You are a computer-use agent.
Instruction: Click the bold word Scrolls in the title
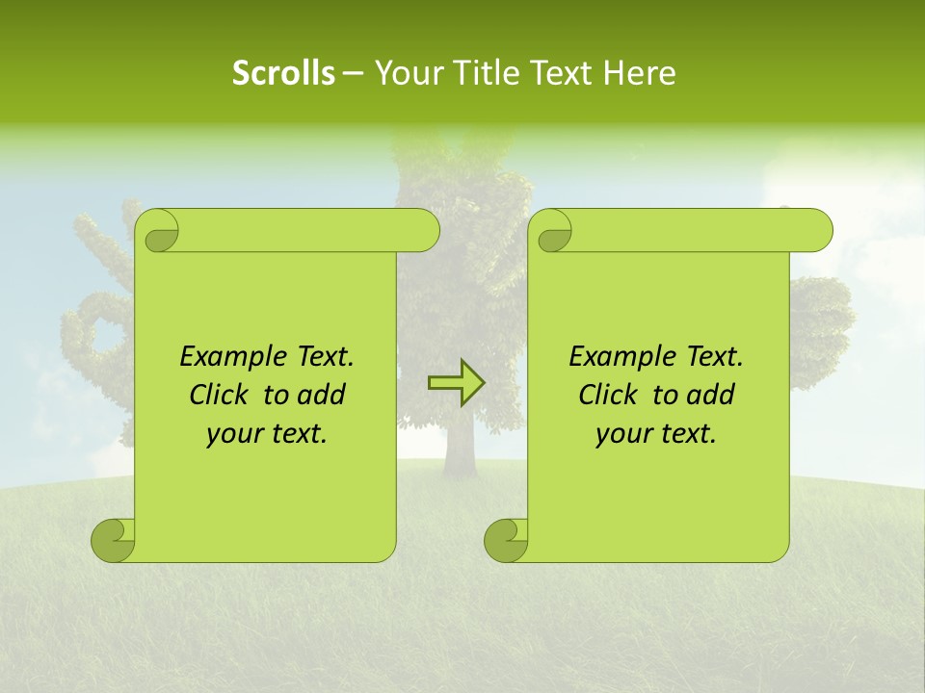pos(283,73)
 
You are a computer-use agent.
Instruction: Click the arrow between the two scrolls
pos(456,383)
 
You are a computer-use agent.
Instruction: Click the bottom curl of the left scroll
pos(114,540)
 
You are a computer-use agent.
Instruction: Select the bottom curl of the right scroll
pos(506,540)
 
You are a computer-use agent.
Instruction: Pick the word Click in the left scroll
pos(221,396)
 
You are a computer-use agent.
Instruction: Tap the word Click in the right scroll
pos(609,396)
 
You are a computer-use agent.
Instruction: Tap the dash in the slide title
pos(353,73)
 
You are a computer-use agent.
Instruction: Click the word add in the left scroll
pos(323,396)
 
